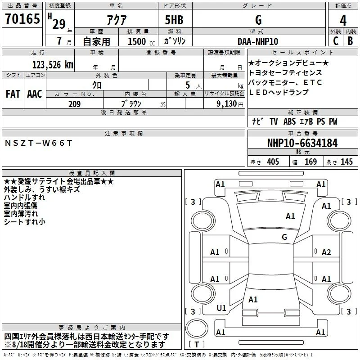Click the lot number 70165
click(22, 19)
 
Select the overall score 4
click(343, 20)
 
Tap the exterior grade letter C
click(336, 41)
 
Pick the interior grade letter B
click(350, 41)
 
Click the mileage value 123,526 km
click(53, 65)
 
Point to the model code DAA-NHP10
click(258, 41)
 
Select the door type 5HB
click(174, 20)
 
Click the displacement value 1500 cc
click(141, 41)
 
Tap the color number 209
click(74, 104)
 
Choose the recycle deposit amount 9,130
click(227, 104)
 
